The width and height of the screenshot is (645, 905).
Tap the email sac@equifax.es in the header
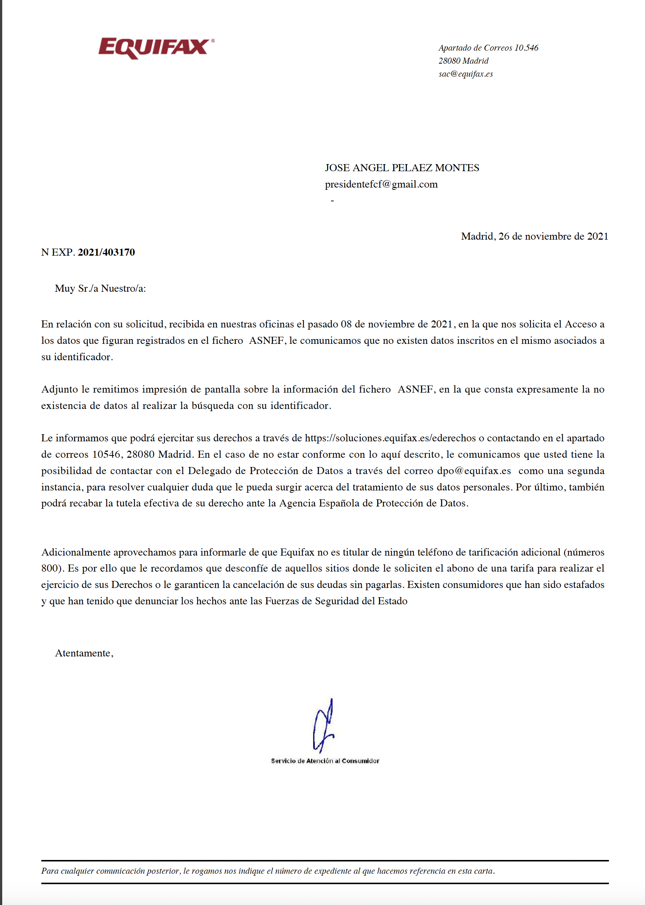pos(465,74)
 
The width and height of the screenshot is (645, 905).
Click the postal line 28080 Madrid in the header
pos(463,61)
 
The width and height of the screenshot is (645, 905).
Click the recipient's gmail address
pos(381,184)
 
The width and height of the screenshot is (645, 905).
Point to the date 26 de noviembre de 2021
pos(553,236)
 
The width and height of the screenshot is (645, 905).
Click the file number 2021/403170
pos(106,252)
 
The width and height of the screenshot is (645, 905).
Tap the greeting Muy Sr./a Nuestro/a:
pos(100,288)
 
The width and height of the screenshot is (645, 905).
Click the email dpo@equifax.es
pos(474,471)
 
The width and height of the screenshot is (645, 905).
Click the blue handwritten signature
pos(324,727)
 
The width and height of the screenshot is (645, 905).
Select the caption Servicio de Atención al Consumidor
pos(325,761)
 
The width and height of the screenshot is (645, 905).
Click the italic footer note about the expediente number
pos(268,871)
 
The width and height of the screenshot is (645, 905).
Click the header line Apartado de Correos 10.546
pos(488,48)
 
